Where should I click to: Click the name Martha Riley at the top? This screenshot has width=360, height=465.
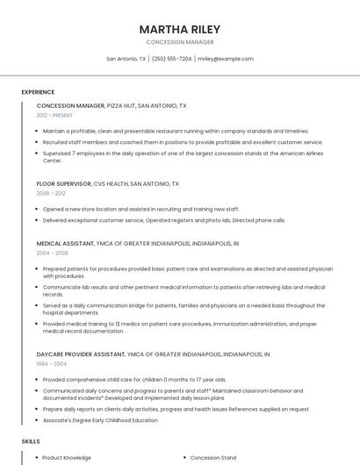point(179,29)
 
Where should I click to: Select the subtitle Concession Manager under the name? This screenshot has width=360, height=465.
point(179,42)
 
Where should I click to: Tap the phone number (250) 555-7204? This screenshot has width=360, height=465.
point(171,59)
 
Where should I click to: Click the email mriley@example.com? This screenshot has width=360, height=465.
point(226,59)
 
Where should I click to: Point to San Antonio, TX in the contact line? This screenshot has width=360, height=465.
point(126,59)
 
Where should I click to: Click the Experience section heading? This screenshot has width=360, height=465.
point(38,92)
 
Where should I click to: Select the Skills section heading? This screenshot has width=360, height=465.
point(31,440)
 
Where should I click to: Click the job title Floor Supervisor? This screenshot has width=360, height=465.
point(63,184)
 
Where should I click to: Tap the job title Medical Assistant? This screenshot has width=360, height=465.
point(67,243)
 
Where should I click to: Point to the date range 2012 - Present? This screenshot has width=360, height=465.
point(55,115)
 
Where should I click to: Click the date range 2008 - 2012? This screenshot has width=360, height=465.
point(51,193)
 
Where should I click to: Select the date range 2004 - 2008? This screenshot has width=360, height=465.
point(51,253)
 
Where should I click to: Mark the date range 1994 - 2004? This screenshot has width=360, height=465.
point(51,363)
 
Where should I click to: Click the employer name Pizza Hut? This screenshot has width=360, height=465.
point(121,105)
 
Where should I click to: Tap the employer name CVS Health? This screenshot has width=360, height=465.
point(111,184)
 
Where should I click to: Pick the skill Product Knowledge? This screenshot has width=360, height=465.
point(67,457)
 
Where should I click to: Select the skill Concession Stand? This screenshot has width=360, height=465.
point(213,457)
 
